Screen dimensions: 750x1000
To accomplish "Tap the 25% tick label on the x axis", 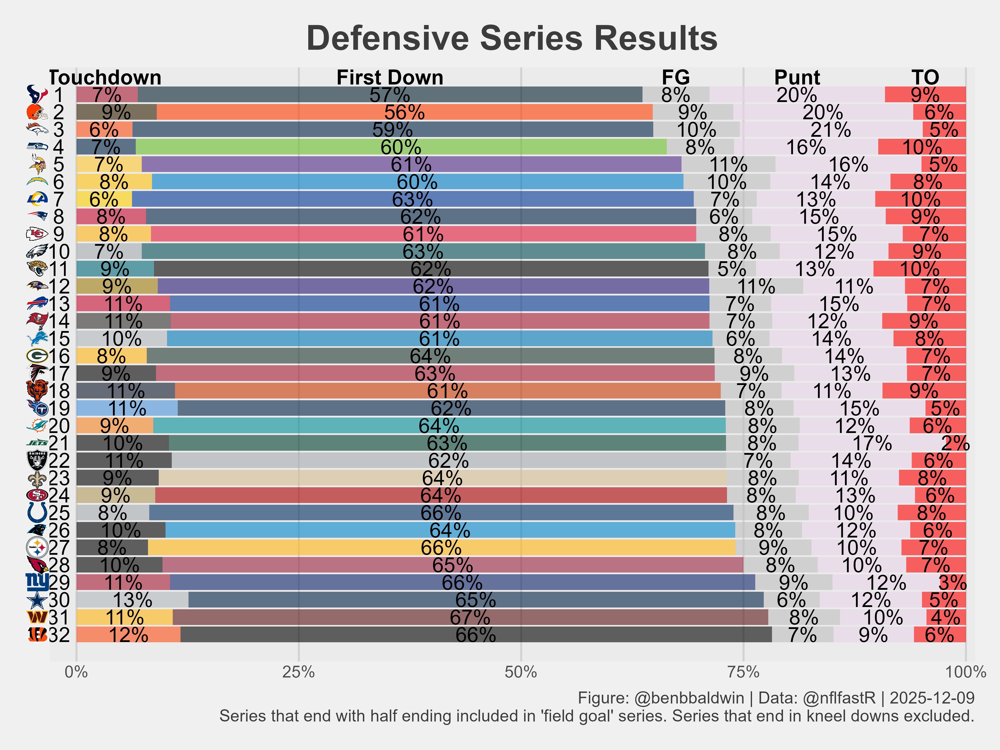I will (298, 672).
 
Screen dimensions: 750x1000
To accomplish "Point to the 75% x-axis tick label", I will (743, 672).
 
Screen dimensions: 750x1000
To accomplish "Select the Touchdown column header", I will (105, 77).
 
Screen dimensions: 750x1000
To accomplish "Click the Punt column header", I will (797, 77).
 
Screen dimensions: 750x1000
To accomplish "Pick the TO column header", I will (925, 77).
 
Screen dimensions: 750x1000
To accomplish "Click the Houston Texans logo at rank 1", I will (37, 94).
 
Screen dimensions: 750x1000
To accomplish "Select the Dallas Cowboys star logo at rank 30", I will (37, 600).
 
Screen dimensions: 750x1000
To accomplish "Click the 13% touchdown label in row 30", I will (132, 600).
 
